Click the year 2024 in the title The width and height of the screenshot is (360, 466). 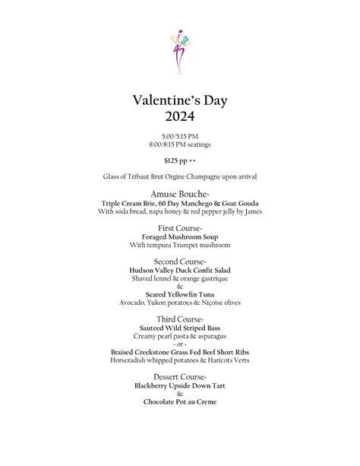[180, 116]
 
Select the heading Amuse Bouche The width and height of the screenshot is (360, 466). [179, 195]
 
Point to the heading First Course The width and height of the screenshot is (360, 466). [180, 228]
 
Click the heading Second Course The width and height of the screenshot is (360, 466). [180, 262]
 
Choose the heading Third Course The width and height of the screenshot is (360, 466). [180, 319]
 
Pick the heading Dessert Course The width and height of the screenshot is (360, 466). [180, 377]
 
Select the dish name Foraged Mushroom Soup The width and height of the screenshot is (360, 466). [180, 237]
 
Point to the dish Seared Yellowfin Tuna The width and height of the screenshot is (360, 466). [180, 295]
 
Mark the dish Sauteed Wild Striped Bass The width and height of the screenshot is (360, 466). [180, 328]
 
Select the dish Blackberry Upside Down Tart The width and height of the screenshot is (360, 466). [180, 386]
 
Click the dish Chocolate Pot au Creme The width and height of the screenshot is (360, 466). [180, 402]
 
